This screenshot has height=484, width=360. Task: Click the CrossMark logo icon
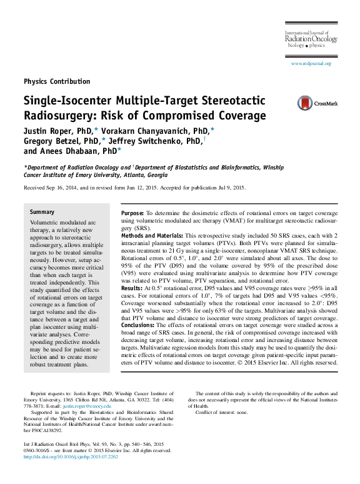click(x=305, y=103)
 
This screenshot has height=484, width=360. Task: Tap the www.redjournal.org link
click(x=311, y=64)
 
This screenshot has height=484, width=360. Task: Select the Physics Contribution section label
click(x=57, y=81)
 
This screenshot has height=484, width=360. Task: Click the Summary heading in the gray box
click(x=42, y=212)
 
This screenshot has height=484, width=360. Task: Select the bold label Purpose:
click(x=132, y=213)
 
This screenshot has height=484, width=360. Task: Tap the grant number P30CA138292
click(x=42, y=431)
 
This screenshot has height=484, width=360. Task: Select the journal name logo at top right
click(x=311, y=39)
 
